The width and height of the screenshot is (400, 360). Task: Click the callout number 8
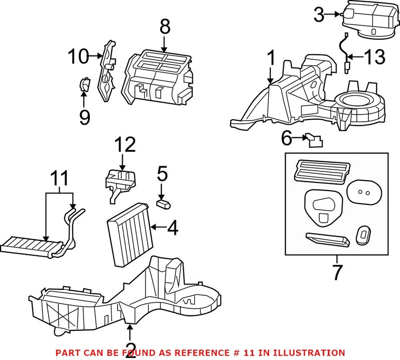pyautogui.click(x=165, y=28)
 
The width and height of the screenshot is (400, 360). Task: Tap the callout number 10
pyautogui.click(x=78, y=57)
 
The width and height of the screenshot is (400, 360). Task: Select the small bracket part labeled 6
pyautogui.click(x=314, y=141)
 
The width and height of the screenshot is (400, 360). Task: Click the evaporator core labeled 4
pyautogui.click(x=128, y=234)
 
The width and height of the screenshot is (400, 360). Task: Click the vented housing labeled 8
pyautogui.click(x=158, y=77)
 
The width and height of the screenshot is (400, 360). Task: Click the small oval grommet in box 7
pyautogui.click(x=363, y=236)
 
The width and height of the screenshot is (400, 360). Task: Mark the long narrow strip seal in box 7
pyautogui.click(x=327, y=240)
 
